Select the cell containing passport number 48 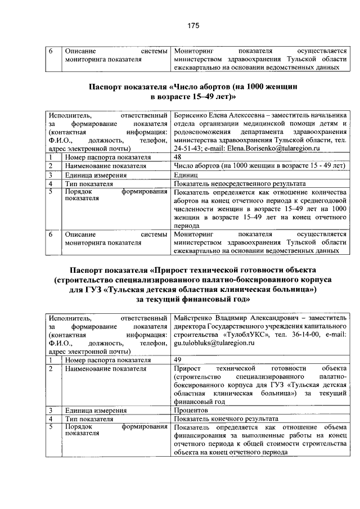[x=178, y=157]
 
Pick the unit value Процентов [x=192, y=411]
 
